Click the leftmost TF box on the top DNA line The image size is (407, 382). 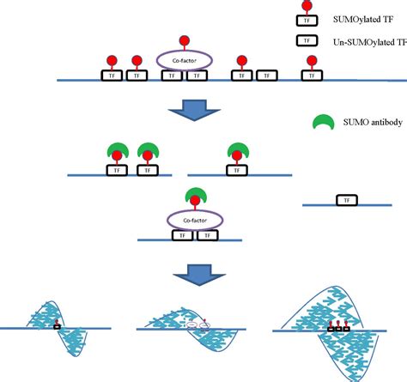pos(112,76)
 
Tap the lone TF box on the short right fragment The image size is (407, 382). pos(346,200)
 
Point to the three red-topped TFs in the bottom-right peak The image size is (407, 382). pos(337,325)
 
